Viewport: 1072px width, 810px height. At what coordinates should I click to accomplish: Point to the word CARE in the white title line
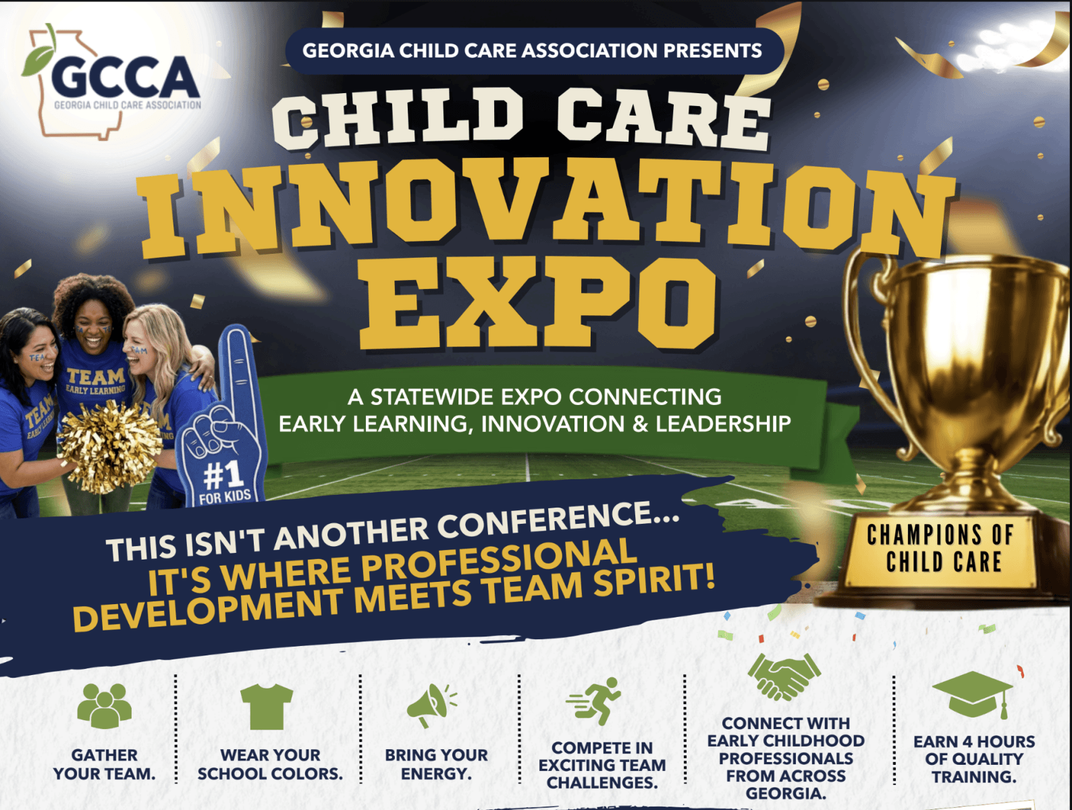pos(664,119)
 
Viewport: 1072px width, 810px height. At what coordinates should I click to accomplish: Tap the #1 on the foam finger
pos(223,475)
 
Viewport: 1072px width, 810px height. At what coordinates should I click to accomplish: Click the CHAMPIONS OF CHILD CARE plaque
pos(940,548)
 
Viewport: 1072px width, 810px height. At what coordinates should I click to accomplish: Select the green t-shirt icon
pos(267,706)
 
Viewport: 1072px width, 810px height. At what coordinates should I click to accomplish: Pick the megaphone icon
pos(432,705)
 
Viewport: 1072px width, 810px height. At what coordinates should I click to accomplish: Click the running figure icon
pos(594,701)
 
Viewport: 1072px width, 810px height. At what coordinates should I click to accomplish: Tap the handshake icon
pos(784,677)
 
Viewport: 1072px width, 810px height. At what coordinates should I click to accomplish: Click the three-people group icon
pos(104,706)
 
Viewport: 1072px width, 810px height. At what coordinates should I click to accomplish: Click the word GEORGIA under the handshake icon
pos(786,793)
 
